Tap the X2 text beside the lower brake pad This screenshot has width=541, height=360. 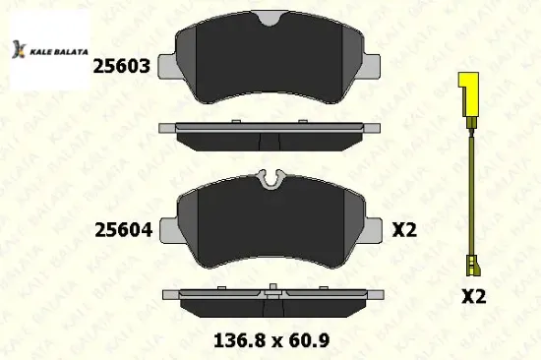click(405, 231)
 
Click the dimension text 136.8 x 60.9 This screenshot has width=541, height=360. click(270, 341)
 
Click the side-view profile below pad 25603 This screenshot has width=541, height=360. click(270, 131)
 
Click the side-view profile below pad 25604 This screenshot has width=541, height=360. click(270, 295)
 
